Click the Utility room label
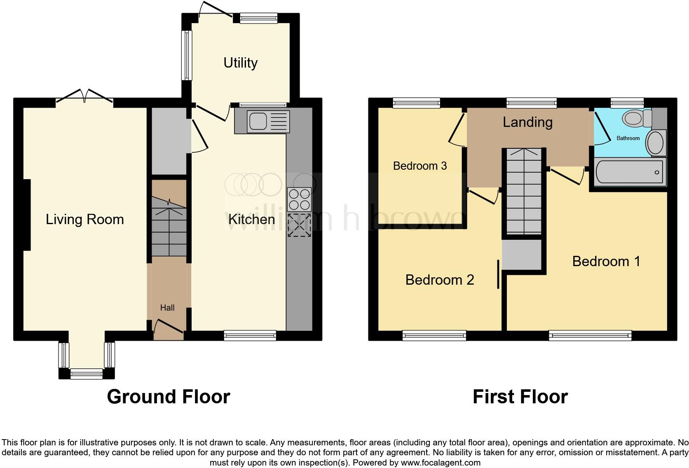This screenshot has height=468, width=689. [240, 63]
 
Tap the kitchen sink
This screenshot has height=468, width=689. [268, 121]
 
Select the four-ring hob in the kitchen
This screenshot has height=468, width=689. [299, 199]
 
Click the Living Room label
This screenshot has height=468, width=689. [84, 219]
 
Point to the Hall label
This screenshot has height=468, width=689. [167, 308]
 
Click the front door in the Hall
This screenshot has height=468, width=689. [169, 327]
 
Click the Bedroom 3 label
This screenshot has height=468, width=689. [419, 166]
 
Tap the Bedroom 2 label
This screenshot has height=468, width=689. [439, 280]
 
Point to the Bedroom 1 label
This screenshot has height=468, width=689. [606, 261]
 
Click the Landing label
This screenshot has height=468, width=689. [527, 122]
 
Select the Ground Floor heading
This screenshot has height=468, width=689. [168, 397]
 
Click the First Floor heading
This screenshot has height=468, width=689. [520, 397]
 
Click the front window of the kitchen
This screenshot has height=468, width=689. [250, 335]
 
